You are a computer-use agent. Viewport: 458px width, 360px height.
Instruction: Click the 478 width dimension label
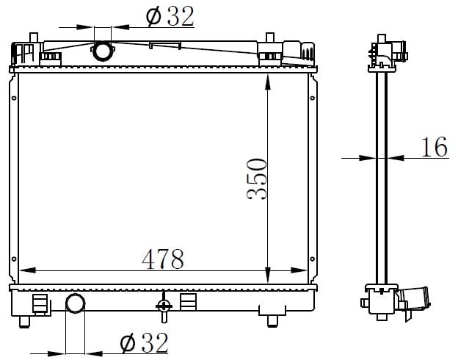(x=163, y=259)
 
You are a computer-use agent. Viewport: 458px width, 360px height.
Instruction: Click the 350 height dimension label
(x=257, y=179)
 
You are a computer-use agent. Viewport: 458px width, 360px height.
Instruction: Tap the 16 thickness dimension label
(x=435, y=146)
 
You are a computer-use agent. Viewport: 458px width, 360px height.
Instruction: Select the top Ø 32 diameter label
(x=170, y=16)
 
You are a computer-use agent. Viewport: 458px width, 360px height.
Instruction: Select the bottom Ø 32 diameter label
(x=145, y=343)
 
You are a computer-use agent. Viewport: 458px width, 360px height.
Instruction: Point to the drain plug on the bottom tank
(x=164, y=307)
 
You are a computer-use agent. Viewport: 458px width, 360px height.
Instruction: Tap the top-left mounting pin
(x=34, y=37)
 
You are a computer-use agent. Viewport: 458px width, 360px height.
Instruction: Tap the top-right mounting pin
(x=270, y=37)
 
